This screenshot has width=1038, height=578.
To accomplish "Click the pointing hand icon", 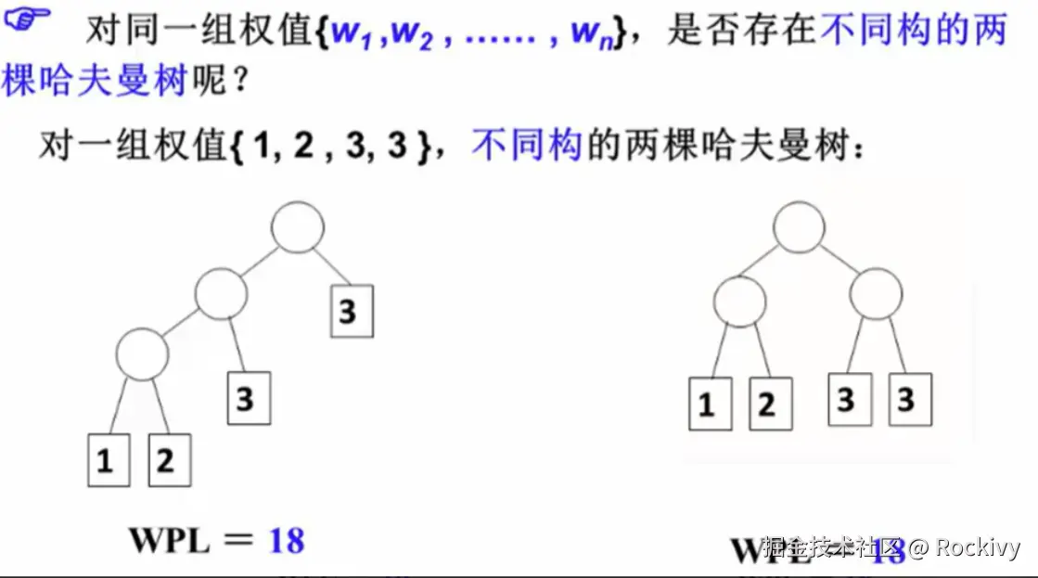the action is pyautogui.click(x=31, y=20).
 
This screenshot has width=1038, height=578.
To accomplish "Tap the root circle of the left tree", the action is pyautogui.click(x=298, y=226).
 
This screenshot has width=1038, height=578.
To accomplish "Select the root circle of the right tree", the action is pyautogui.click(x=799, y=227).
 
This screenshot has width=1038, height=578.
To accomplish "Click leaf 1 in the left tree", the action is pyautogui.click(x=108, y=460).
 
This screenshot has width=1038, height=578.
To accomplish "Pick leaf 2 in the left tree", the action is pyautogui.click(x=169, y=460).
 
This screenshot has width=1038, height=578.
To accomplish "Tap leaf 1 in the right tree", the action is pyautogui.click(x=710, y=404).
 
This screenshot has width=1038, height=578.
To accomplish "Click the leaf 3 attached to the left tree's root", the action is pyautogui.click(x=352, y=311).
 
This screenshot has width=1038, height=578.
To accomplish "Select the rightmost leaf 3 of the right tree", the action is pyautogui.click(x=909, y=400).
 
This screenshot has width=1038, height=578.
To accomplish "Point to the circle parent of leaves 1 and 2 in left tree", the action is pyautogui.click(x=142, y=353).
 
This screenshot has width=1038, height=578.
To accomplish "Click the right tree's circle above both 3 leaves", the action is pyautogui.click(x=876, y=296).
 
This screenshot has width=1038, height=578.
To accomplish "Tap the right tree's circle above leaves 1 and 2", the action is pyautogui.click(x=740, y=301).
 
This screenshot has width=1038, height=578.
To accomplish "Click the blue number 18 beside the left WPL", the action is pyautogui.click(x=287, y=540).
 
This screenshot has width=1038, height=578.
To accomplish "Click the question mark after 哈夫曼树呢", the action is pyautogui.click(x=239, y=82).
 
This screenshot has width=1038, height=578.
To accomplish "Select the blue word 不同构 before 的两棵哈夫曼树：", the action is pyautogui.click(x=526, y=146).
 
